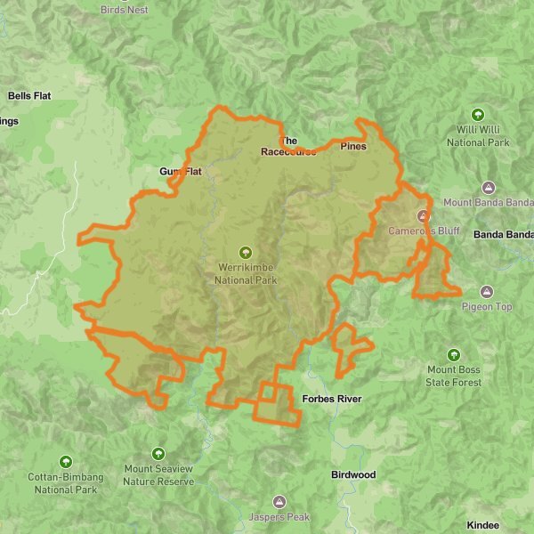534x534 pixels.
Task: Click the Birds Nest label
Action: click(x=125, y=10)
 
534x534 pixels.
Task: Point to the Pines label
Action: click(x=353, y=146)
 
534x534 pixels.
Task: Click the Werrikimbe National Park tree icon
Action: click(x=246, y=252)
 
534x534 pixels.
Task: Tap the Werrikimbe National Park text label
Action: click(x=246, y=273)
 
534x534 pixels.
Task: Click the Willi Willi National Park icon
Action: click(x=478, y=115)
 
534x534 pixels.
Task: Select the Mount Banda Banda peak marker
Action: click(x=488, y=188)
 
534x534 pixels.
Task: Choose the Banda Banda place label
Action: click(x=502, y=235)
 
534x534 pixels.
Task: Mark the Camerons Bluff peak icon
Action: click(x=424, y=216)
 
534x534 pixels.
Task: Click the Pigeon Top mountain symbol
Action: click(x=487, y=292)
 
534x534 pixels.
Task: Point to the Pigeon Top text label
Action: click(x=487, y=307)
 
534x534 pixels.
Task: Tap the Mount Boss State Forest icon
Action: click(x=454, y=355)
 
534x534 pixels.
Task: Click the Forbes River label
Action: click(x=332, y=399)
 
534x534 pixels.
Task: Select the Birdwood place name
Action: click(x=353, y=475)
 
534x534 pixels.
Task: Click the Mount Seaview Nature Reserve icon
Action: click(x=158, y=454)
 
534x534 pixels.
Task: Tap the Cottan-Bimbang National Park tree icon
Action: click(x=66, y=462)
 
